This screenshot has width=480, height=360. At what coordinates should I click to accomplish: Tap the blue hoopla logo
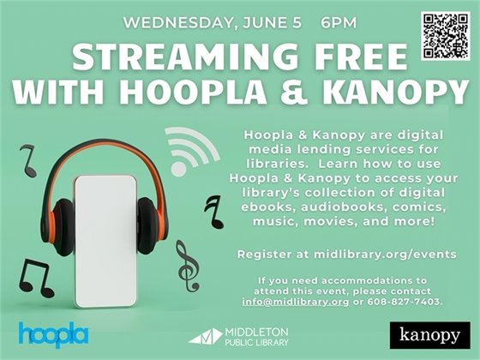(x=52, y=333)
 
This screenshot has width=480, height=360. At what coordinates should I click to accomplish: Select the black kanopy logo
(x=429, y=333)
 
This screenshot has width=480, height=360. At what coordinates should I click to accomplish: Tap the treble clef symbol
(x=186, y=262)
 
